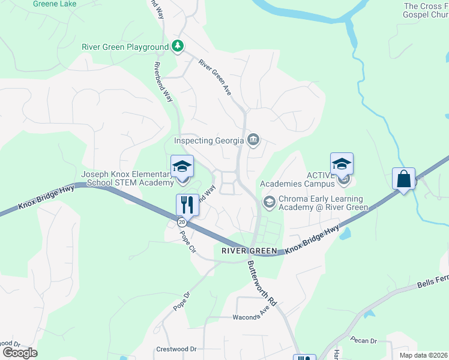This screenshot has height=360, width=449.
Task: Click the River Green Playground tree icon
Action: pos(178,47)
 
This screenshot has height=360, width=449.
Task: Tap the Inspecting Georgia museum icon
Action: pos(253,141)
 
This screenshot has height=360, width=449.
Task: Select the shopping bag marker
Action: pos(404,179)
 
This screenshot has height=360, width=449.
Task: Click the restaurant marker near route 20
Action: pos(187,205)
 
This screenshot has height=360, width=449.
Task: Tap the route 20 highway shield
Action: pos(182,222)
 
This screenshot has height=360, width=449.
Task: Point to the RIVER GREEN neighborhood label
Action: pos(249,251)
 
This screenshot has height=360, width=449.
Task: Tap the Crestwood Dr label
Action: pos(176,349)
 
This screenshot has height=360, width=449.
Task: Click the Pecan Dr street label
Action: pos(364,341)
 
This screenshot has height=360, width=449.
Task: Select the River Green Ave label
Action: pos(215,77)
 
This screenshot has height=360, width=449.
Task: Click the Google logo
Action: pos(19,353)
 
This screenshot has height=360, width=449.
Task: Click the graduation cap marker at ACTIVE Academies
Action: pos(341,164)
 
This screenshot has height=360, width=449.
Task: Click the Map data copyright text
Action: pos(423,355)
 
